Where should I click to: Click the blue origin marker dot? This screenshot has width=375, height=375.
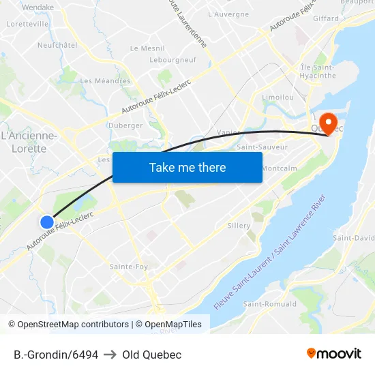(47, 222)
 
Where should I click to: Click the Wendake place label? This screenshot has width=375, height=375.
(37, 7)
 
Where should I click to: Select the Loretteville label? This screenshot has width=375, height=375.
(27, 23)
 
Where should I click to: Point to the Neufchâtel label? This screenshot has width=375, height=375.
(57, 45)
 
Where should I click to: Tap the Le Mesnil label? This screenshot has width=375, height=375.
(147, 48)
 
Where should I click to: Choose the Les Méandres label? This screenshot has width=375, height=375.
(105, 80)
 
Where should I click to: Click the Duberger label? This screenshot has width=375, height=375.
(125, 125)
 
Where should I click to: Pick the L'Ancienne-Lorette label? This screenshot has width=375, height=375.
(29, 142)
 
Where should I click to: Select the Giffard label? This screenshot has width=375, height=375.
(325, 18)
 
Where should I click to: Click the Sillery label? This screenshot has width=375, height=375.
(239, 226)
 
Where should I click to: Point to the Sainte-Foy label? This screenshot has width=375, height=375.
(129, 267)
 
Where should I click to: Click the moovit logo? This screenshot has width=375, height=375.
(333, 354)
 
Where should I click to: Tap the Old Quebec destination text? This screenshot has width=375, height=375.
(152, 355)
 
